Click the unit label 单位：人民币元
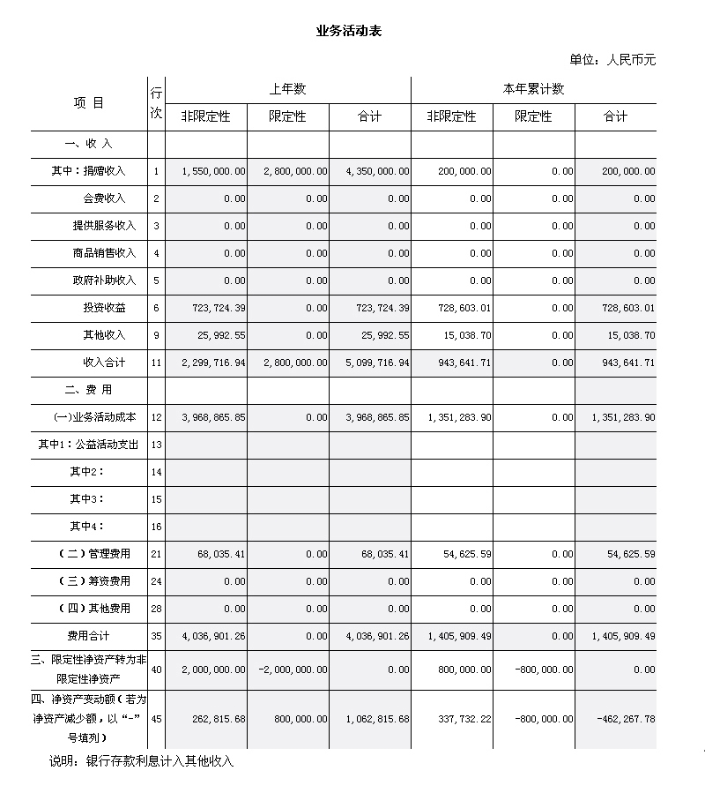612,60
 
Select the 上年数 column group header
287,89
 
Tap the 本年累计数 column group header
533,89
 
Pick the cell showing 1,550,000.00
213,171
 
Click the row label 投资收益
105,308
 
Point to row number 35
156,636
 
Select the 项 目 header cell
88,102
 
